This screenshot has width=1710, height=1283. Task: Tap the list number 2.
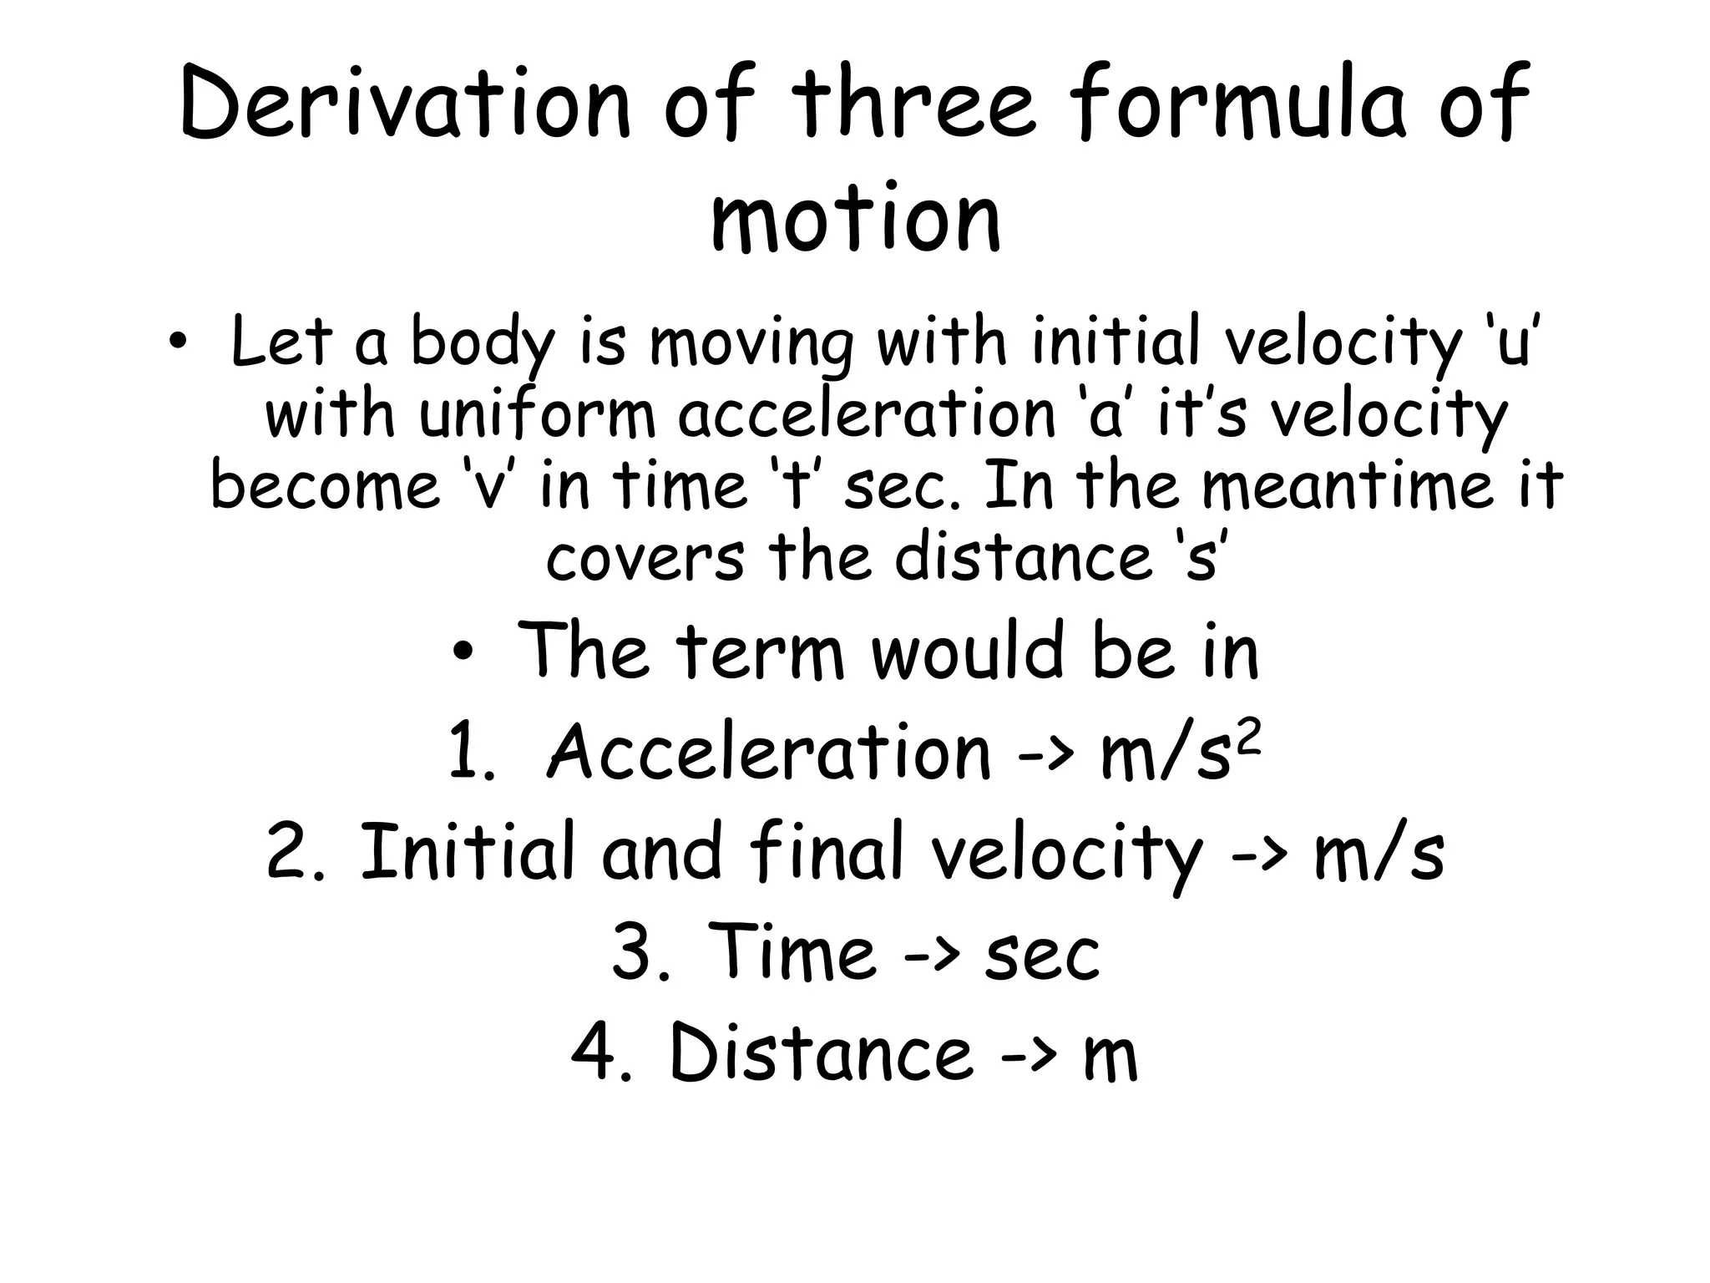pyautogui.click(x=296, y=852)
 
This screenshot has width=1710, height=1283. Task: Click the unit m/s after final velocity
pyautogui.click(x=1379, y=854)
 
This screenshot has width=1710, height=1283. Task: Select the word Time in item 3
pyautogui.click(x=792, y=952)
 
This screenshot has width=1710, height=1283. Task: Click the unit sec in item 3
pyautogui.click(x=1043, y=956)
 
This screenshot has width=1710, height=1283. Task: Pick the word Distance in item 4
pyautogui.click(x=822, y=1054)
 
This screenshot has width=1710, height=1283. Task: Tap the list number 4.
pyautogui.click(x=601, y=1054)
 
